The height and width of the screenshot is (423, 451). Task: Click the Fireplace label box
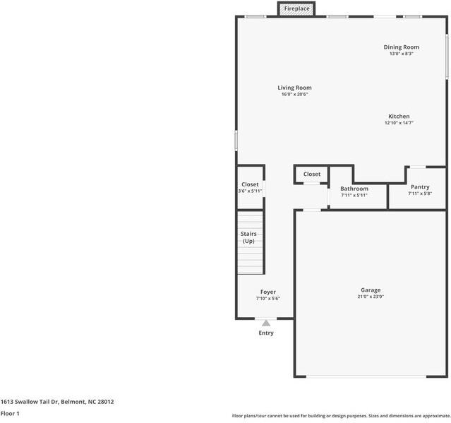pyautogui.click(x=296, y=8)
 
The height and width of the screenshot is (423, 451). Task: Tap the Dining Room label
pyautogui.click(x=401, y=47)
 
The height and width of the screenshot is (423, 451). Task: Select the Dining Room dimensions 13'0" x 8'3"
pyautogui.click(x=401, y=54)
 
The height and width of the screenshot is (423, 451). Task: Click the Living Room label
pyautogui.click(x=294, y=88)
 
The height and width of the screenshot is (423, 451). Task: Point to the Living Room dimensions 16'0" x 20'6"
pyautogui.click(x=294, y=94)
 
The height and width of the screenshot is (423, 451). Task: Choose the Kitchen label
pyautogui.click(x=399, y=117)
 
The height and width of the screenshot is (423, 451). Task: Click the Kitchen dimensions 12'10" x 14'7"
pyautogui.click(x=399, y=123)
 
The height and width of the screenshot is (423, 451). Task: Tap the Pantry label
pyautogui.click(x=419, y=187)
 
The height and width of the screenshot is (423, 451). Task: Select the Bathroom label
pyautogui.click(x=354, y=189)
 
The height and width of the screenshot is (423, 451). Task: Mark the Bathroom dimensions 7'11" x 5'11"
pyautogui.click(x=354, y=196)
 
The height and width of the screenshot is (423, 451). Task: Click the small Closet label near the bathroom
pyautogui.click(x=312, y=174)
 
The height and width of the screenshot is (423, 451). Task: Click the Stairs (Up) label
pyautogui.click(x=249, y=237)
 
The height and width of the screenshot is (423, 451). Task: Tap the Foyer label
pyautogui.click(x=268, y=292)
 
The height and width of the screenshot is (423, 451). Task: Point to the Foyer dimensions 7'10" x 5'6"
pyautogui.click(x=268, y=299)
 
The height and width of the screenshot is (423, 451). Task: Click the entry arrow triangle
pyautogui.click(x=266, y=323)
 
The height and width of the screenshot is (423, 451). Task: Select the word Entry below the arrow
pyautogui.click(x=266, y=333)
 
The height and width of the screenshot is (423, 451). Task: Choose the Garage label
pyautogui.click(x=371, y=290)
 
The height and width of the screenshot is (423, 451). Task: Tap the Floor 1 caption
pyautogui.click(x=10, y=413)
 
